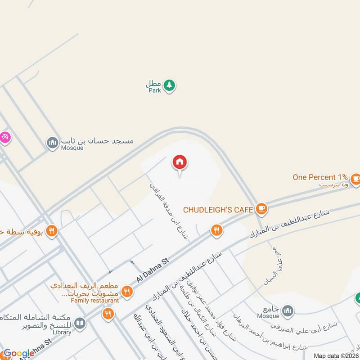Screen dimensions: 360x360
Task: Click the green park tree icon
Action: (x=169, y=85)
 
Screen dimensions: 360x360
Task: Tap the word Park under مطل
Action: (x=154, y=90)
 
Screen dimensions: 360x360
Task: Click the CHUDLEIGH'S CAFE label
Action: (x=218, y=209)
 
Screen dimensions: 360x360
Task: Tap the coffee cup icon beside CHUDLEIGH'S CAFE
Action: (x=261, y=209)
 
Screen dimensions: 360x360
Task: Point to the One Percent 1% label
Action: (x=320, y=177)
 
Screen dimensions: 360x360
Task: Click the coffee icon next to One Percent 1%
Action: (x=355, y=178)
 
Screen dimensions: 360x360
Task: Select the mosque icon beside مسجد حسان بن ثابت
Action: (x=52, y=143)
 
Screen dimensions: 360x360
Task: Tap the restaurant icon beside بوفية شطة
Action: (x=52, y=231)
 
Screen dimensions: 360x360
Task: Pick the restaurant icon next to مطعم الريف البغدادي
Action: (x=127, y=292)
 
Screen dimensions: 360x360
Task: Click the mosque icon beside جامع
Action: (x=287, y=310)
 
